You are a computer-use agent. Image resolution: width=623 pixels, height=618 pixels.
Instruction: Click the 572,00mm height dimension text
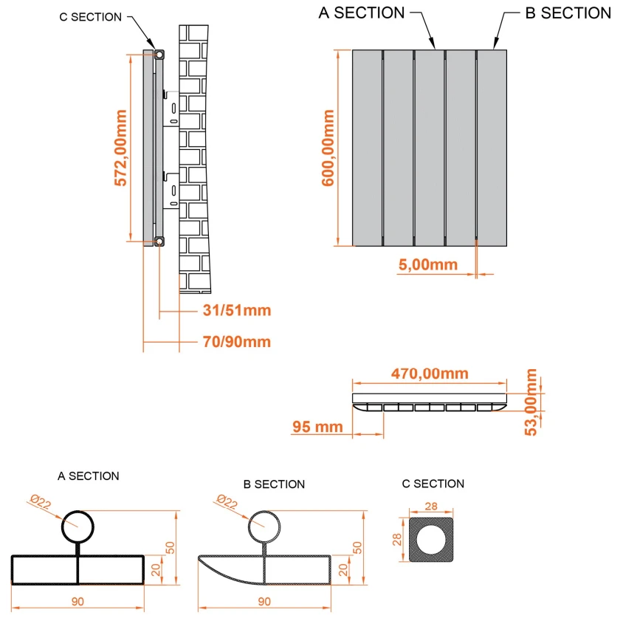pos(120,148)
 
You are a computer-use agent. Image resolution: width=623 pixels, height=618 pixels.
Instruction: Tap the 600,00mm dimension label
pos(328,148)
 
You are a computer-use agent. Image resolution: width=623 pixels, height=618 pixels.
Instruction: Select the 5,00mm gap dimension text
pos(428,264)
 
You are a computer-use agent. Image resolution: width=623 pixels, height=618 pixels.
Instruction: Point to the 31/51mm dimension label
pos(237,310)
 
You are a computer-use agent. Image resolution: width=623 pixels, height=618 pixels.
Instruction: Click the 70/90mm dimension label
pos(237,342)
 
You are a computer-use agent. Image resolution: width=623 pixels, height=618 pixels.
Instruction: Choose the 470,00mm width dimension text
pos(430,374)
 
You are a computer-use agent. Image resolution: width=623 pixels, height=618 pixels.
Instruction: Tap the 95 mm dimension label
pos(317,427)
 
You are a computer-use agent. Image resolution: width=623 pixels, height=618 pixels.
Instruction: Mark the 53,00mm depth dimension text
pos(531,402)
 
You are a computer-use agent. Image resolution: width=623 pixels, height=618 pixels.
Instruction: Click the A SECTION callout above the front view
pos(362,13)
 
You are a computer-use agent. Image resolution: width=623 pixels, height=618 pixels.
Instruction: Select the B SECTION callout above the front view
pos(568,13)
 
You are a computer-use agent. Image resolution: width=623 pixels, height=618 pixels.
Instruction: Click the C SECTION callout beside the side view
pos(90,17)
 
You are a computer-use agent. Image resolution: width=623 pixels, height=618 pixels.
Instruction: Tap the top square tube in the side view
pos(159,55)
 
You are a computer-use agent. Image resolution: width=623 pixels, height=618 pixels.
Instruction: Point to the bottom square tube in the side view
pos(159,241)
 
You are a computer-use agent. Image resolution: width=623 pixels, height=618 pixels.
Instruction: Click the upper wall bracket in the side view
pos(171,109)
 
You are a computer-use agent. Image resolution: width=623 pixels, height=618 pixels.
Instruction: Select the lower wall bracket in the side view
pos(171,190)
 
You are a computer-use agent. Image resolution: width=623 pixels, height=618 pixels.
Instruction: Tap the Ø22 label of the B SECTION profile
pos(227,502)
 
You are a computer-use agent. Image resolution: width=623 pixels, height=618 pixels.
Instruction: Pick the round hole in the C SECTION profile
pos(431,540)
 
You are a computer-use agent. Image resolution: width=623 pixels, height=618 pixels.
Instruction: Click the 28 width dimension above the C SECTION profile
pos(431,506)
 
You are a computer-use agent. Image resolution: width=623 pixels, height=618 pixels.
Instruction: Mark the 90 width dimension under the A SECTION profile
pos(78,601)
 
